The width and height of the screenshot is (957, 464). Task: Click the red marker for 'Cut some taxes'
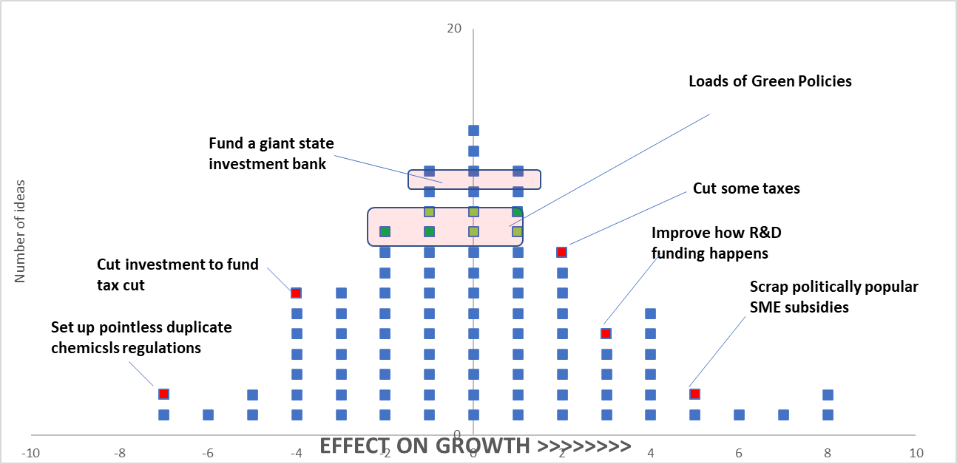(x=561, y=253)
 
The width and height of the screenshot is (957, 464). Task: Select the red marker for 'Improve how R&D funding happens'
(x=606, y=333)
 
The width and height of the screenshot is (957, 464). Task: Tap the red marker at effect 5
(x=694, y=394)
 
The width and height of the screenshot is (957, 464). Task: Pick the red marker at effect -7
(x=163, y=394)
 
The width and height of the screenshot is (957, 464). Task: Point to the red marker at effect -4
(x=296, y=293)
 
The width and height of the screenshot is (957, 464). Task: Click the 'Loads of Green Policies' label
(x=770, y=81)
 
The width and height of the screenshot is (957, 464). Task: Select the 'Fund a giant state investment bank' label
(x=271, y=154)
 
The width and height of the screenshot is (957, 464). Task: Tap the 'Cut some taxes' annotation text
(x=746, y=188)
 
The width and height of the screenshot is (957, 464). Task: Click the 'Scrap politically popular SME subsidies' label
(x=833, y=296)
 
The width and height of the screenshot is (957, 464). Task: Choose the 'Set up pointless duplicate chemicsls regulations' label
(x=141, y=337)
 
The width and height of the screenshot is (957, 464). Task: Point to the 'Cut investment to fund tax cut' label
(x=177, y=274)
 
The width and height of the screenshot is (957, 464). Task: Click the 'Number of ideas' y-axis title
(x=21, y=231)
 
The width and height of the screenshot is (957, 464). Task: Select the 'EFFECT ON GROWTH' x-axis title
(x=476, y=446)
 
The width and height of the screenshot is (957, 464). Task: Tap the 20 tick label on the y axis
(x=453, y=28)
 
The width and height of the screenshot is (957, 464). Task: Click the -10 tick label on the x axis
(x=30, y=452)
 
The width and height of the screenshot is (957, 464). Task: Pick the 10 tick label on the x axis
(x=916, y=452)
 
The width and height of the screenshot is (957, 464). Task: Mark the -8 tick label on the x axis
(x=119, y=452)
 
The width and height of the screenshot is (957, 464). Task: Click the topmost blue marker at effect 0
(x=473, y=131)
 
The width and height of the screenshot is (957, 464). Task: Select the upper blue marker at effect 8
(x=828, y=395)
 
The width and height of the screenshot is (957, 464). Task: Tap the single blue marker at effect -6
(x=208, y=414)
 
